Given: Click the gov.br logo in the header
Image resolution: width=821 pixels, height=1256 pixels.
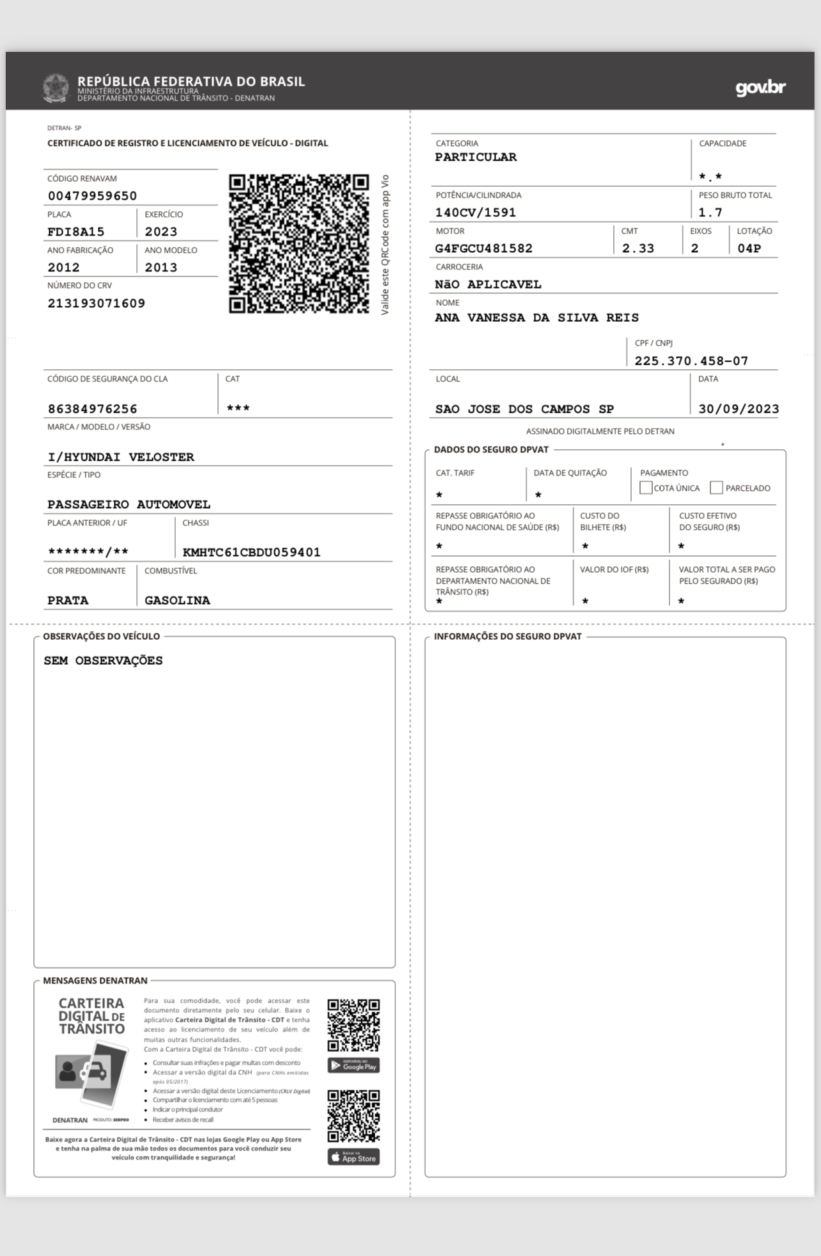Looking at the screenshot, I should (x=760, y=88).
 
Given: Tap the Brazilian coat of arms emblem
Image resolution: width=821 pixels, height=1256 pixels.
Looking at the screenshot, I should (x=56, y=88).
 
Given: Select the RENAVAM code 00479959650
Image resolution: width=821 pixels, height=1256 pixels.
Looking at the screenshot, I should (x=92, y=196).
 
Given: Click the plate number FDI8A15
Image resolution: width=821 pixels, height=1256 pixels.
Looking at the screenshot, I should (x=75, y=232).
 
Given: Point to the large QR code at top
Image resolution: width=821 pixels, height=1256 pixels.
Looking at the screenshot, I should (x=299, y=243).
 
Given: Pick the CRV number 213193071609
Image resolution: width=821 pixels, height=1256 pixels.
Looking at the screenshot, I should (x=96, y=303).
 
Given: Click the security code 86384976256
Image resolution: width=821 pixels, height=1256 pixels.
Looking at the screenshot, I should (x=92, y=409).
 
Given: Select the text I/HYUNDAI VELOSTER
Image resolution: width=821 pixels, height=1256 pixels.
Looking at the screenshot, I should (x=121, y=457).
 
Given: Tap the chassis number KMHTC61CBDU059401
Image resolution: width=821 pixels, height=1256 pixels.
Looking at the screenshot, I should (x=251, y=552).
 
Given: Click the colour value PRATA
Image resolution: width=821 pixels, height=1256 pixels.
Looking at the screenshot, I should (x=68, y=600).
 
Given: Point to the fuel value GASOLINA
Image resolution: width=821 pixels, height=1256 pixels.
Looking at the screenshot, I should (x=177, y=600).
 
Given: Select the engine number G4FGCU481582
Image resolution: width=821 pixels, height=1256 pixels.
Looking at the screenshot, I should (x=483, y=248).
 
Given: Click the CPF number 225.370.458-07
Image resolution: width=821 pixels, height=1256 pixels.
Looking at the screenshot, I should (x=691, y=361).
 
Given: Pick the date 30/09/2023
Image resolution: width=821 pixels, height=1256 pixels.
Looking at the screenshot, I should (x=738, y=409).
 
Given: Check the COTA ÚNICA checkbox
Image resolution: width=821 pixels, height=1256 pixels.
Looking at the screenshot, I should (x=646, y=488).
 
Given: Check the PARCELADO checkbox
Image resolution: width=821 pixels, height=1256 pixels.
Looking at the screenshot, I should (x=716, y=488).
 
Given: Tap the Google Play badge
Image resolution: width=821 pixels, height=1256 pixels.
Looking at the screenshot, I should (x=354, y=1065).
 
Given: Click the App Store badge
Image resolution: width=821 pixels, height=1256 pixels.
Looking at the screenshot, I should (x=354, y=1157).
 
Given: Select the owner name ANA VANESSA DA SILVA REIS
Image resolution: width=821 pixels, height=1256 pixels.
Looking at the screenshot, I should (x=536, y=317).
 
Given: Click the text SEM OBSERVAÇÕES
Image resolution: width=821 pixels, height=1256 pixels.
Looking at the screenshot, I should (x=103, y=660).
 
